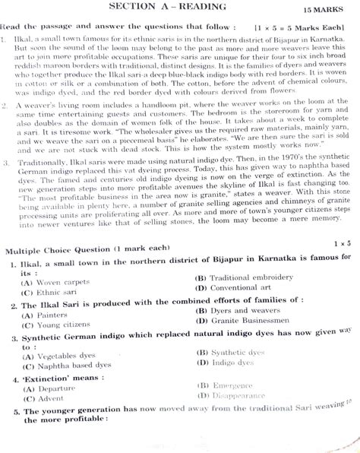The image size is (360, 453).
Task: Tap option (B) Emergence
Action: [x=224, y=385]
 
